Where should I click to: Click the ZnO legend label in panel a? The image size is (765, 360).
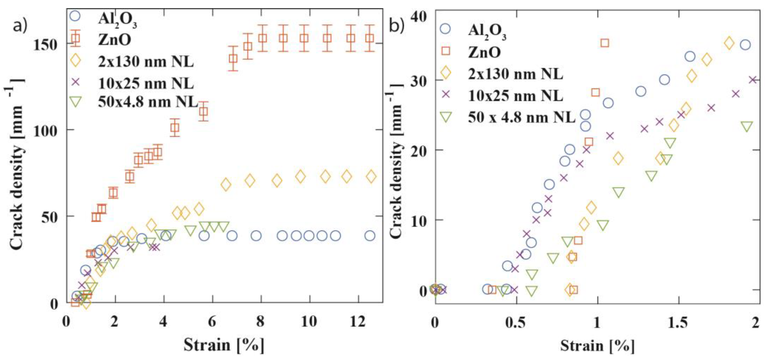tap(115, 40)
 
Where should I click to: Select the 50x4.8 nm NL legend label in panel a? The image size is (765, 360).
tap(148, 102)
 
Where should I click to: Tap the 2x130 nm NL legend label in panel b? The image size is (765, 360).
tap(515, 73)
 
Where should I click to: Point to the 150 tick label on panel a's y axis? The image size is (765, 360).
tap(45, 45)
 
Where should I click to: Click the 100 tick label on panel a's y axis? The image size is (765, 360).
tap(45, 131)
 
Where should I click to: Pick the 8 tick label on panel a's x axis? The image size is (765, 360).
tap(260, 322)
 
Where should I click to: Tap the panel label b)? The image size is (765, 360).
tap(397, 26)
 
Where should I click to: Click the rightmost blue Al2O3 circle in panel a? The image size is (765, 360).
tap(370, 236)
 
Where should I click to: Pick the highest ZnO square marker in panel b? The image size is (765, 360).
tap(605, 43)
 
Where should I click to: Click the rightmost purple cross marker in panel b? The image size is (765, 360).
tap(753, 80)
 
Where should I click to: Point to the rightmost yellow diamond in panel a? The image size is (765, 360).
tap(371, 176)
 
